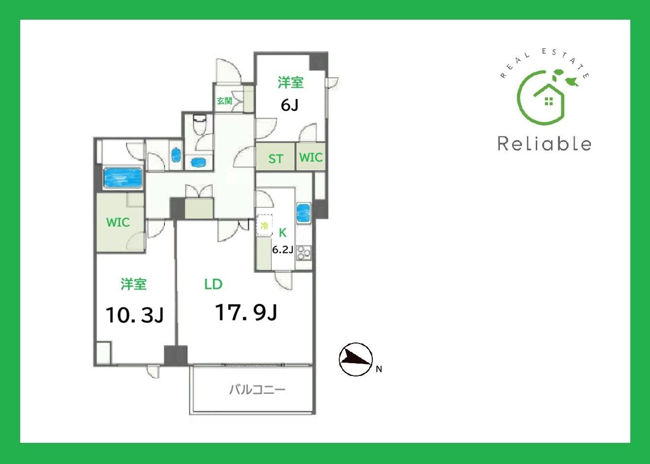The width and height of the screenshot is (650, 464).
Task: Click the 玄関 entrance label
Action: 225,101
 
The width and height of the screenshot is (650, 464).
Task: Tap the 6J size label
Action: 290,105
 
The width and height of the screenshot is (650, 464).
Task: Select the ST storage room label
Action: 275,159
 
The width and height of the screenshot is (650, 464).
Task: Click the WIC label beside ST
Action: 311,157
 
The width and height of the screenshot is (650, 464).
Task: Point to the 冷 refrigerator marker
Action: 264,226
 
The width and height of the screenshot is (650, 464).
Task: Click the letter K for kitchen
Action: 282,233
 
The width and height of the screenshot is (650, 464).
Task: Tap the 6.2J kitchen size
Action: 282,249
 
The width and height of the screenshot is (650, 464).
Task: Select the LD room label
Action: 213,284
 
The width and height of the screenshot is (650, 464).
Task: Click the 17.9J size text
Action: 246,312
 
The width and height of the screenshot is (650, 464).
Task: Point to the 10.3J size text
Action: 134,315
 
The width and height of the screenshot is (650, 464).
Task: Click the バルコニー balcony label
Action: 258,390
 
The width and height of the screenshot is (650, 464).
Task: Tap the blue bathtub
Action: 123,178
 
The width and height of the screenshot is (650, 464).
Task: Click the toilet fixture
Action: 199,124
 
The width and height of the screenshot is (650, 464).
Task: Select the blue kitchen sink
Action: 303,214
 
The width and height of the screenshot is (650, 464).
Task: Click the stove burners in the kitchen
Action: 304,253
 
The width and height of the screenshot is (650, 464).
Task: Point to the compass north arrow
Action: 356,359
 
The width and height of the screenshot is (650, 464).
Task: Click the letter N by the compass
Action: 379,369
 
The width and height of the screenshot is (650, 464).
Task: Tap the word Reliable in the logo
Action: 545,144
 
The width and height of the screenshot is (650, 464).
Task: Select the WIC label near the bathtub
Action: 118,222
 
